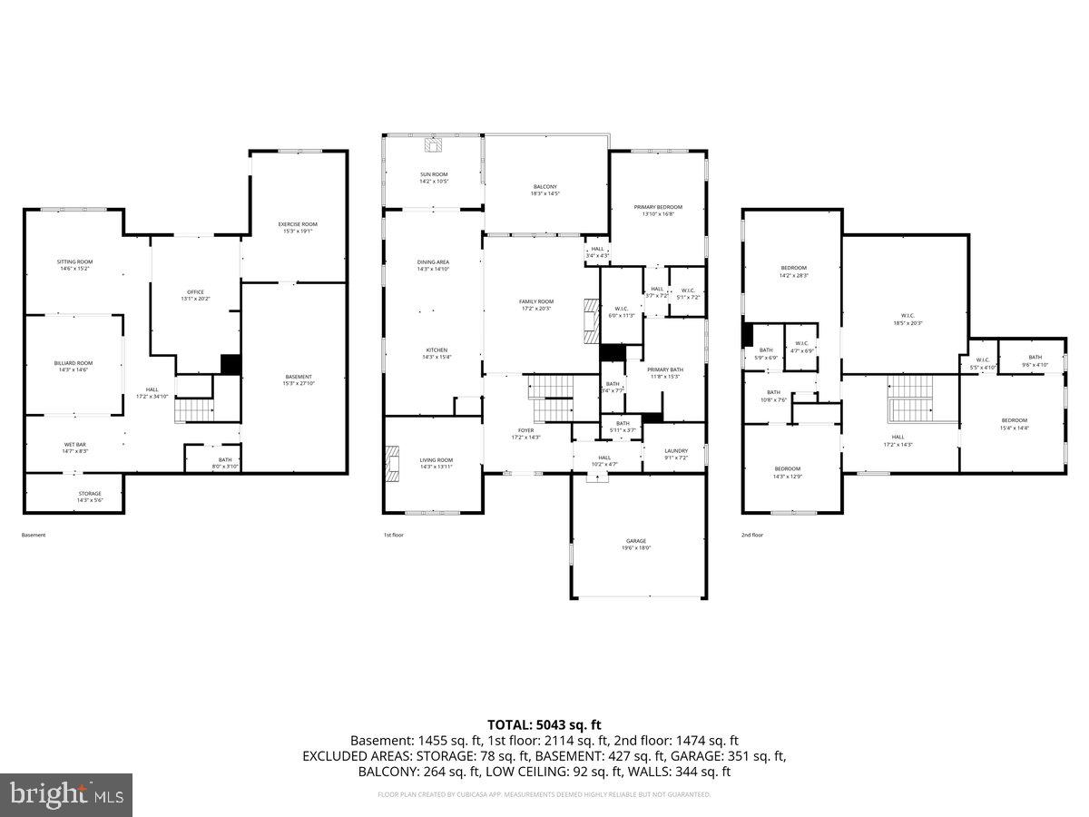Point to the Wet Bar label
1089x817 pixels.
(x=74, y=448)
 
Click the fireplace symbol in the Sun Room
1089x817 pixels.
(x=433, y=144)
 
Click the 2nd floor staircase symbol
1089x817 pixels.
(x=908, y=410)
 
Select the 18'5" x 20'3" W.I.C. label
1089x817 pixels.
(x=907, y=319)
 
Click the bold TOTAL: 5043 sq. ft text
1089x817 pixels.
(x=544, y=724)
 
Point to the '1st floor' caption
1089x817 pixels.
(x=394, y=535)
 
